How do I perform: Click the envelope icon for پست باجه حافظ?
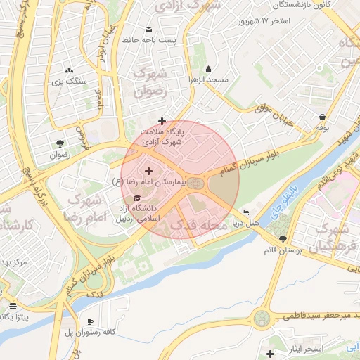pos(148,30)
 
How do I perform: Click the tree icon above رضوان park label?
pos(60,143)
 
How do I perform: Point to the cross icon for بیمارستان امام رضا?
pos(148,171)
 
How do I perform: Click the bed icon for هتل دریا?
pos(245,212)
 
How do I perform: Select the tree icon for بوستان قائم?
pos(283,239)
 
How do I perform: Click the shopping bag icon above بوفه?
pos(322,117)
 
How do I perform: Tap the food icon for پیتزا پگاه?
pos(13,306)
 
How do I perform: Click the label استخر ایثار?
pos(302,349)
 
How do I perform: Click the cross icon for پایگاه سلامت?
pos(162,121)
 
